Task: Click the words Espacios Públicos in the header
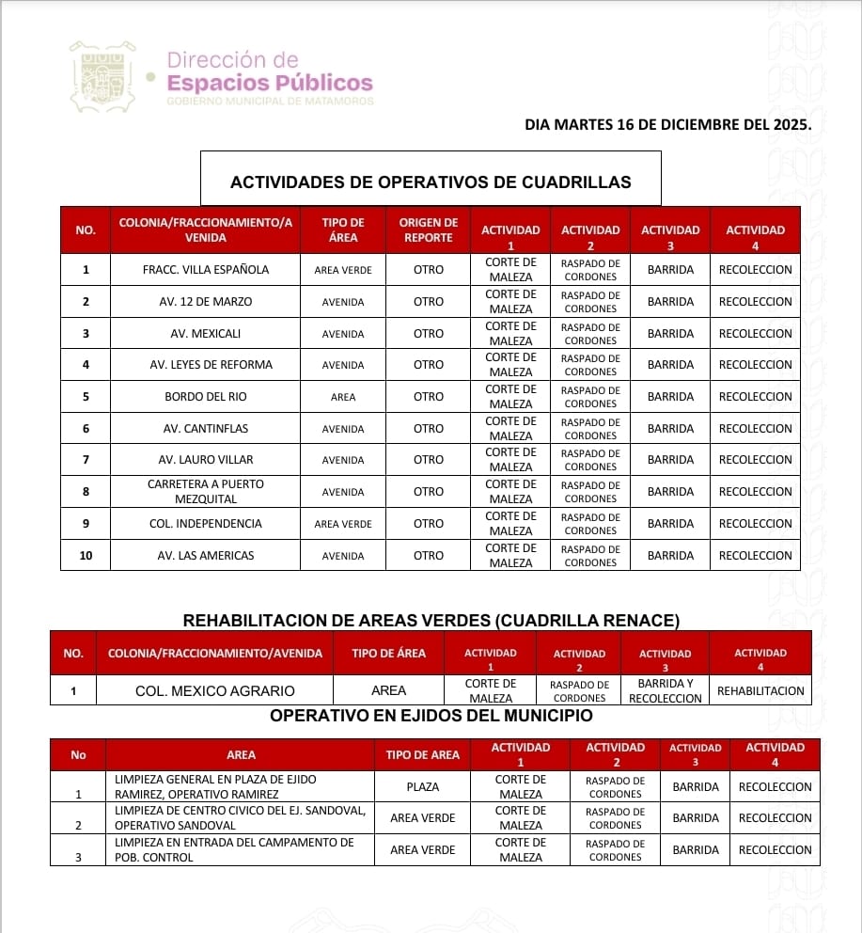coord(269,83)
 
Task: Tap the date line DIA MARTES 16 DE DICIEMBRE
coord(667,123)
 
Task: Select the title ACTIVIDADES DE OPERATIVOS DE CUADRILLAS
coord(431,182)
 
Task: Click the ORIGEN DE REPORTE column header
coord(428,230)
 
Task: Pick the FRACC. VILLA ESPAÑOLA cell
coord(206,270)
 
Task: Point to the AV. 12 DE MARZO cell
coord(206,302)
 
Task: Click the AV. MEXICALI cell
coord(206,334)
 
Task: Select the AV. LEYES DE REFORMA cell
coord(206,365)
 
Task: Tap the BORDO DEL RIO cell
coord(206,397)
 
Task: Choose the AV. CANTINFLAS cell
coord(206,429)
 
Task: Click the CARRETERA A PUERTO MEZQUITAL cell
coord(206,491)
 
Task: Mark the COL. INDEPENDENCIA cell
coord(206,524)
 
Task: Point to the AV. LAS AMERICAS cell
coord(206,556)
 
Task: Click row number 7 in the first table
coord(86,460)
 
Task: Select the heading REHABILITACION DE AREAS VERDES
coord(431,621)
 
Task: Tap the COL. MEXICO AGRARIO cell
coord(214,690)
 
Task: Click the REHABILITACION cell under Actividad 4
coord(760,690)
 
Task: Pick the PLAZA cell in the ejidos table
coord(423,786)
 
